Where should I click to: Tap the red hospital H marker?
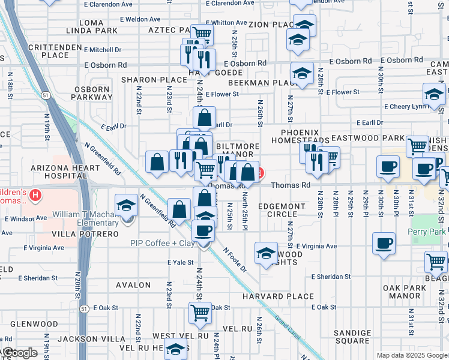coord(36,195)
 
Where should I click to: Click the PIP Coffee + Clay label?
coord(161,243)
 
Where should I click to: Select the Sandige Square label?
coord(352,337)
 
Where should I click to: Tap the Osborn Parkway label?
coord(92,94)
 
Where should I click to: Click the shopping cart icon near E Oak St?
coord(199,311)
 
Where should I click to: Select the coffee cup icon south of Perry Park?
coord(384,243)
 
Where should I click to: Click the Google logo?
coord(19,353)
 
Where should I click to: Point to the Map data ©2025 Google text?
coord(411,355)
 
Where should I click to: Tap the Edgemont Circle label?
coord(286,211)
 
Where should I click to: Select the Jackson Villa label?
coord(83,339)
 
